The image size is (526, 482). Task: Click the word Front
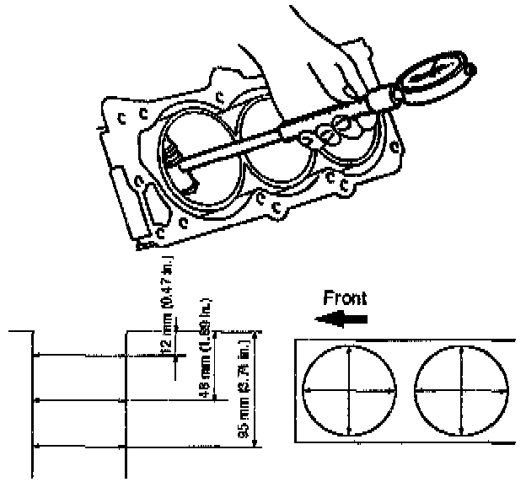click(346, 297)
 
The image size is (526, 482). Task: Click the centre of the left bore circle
click(349, 389)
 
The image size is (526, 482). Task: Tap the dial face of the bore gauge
click(435, 75)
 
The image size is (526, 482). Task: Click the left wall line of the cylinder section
click(32, 404)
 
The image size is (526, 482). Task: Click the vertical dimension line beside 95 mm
click(257, 388)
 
